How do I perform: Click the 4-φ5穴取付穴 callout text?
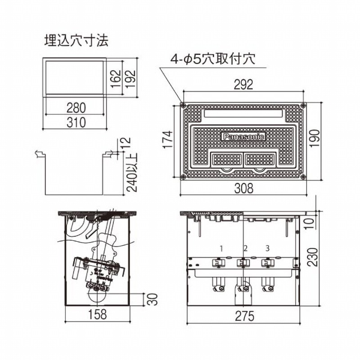213,59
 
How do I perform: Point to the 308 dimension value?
243,189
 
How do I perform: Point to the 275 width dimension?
243,316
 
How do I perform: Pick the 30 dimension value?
153,299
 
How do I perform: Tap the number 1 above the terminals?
221,248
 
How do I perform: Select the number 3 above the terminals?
267,248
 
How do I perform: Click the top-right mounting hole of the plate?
303,106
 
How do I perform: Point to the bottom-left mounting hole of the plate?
183,176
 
